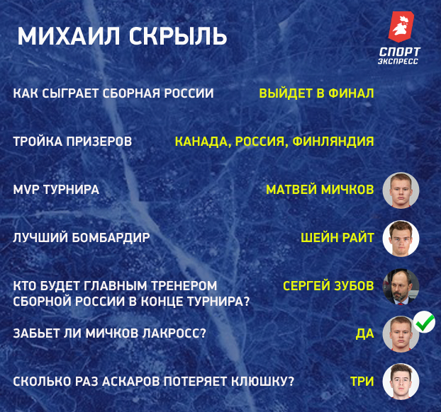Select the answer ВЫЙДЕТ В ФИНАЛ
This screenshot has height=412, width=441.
316,93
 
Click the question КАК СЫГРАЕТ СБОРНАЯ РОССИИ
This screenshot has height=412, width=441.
113,93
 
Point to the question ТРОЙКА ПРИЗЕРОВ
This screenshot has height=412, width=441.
73,141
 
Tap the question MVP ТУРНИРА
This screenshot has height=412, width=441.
56,190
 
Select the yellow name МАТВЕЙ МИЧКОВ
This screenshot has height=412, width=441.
320,190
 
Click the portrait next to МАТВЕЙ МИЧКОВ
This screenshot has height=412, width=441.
401,190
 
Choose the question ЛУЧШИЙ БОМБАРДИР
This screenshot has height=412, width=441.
82,238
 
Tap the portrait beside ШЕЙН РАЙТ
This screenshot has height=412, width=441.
401,239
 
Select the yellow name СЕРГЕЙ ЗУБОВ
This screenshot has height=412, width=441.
328,286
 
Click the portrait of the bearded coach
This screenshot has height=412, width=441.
401,287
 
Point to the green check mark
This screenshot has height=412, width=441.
425,323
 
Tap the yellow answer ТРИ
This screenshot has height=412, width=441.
362,382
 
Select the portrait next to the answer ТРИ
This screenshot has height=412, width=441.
401,382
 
